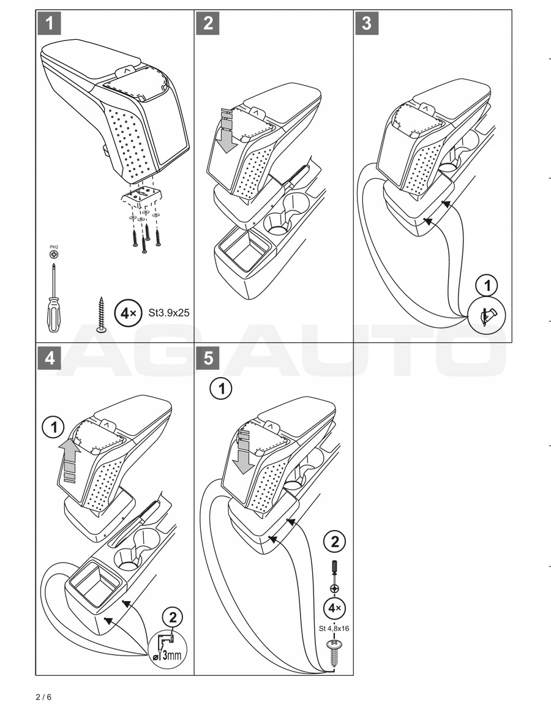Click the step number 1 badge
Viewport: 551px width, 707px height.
coord(50,23)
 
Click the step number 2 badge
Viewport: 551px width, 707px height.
coord(208,23)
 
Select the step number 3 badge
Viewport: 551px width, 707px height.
coord(367,23)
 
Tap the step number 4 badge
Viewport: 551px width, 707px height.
coord(50,357)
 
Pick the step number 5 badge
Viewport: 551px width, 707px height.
coord(208,357)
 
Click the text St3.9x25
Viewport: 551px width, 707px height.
coord(169,313)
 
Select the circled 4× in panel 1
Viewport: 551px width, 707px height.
coord(128,313)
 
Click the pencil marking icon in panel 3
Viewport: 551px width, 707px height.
coord(489,316)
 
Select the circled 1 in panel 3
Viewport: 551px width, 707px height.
coord(488,286)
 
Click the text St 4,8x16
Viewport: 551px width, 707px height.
coord(334,627)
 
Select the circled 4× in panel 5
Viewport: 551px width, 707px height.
coord(334,608)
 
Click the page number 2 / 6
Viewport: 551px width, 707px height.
coord(44,697)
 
